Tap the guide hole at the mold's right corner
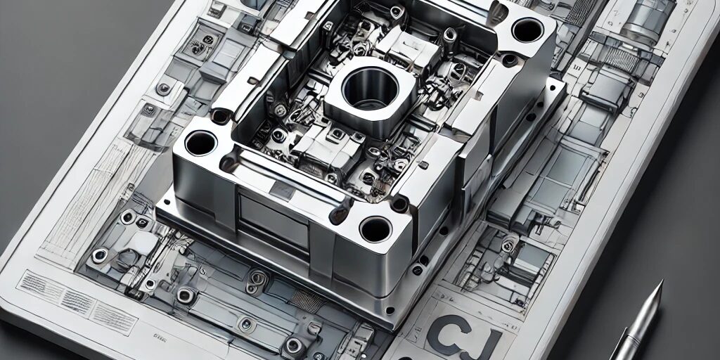[x=527, y=30]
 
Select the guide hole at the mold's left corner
[x=200, y=143]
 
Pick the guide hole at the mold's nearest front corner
[x=375, y=229]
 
